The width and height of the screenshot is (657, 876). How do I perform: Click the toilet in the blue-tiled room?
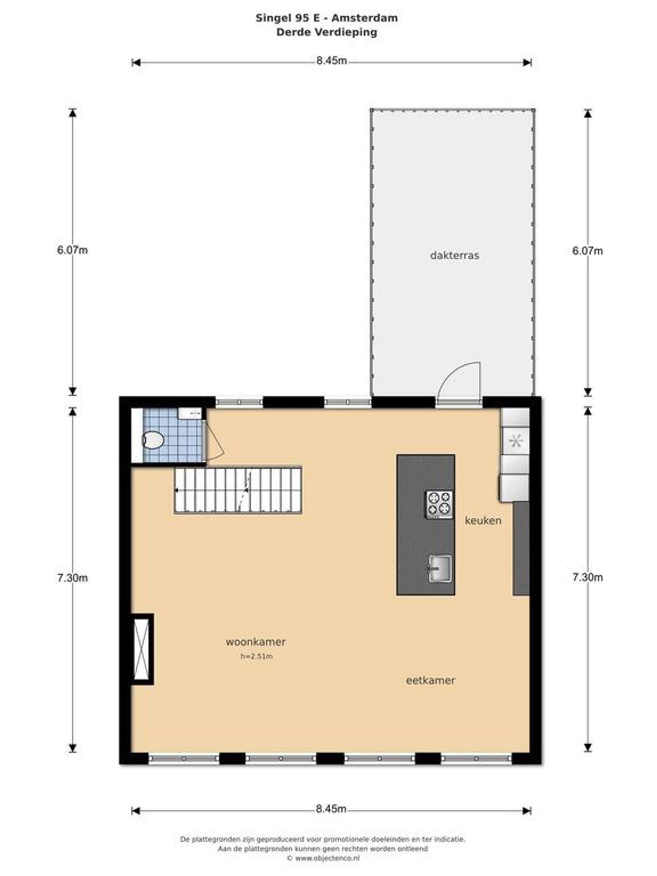click(x=152, y=440)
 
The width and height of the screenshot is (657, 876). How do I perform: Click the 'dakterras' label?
click(x=454, y=255)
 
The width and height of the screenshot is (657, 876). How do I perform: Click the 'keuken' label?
click(x=483, y=520)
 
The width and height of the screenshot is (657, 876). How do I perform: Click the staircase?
click(x=238, y=490)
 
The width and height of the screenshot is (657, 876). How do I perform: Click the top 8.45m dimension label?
click(x=331, y=61)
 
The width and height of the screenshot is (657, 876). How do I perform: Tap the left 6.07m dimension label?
click(x=72, y=250)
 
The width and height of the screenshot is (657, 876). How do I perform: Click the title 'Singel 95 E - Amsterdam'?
click(x=327, y=18)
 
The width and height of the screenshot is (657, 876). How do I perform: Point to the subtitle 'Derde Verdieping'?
click(x=327, y=32)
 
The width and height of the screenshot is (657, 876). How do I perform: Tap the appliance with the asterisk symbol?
click(x=516, y=440)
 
